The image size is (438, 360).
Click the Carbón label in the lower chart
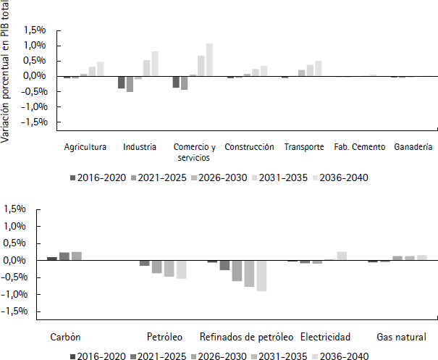(x=65, y=338)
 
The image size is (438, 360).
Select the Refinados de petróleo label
(x=246, y=338)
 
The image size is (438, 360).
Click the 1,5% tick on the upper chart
(x=35, y=30)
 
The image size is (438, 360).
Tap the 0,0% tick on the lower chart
(x=35, y=260)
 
